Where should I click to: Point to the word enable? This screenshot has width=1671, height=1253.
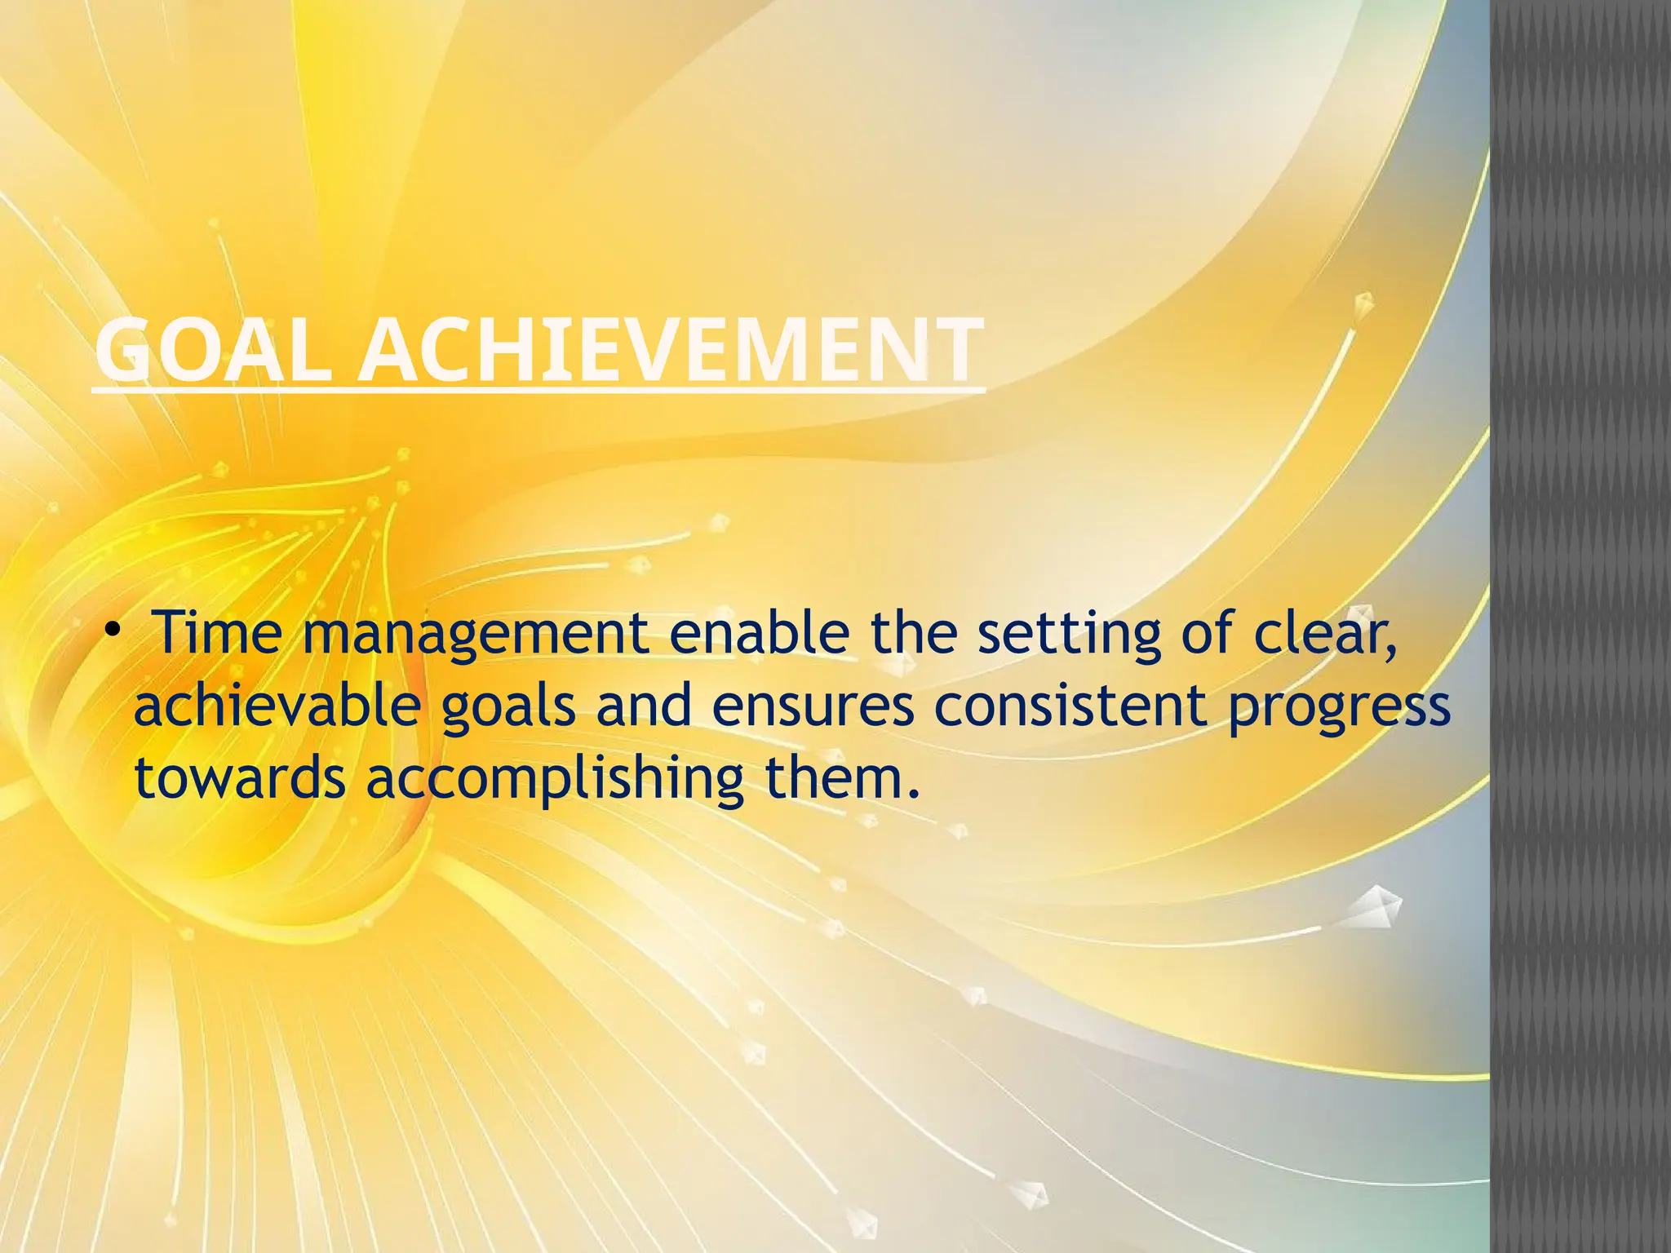click(759, 633)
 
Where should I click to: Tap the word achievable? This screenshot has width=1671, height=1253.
click(277, 706)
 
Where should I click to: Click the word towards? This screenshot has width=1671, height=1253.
click(240, 778)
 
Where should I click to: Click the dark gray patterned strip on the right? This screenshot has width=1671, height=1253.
click(1580, 626)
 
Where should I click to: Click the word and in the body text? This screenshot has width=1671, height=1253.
click(645, 706)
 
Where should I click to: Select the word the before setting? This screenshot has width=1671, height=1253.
click(913, 633)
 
